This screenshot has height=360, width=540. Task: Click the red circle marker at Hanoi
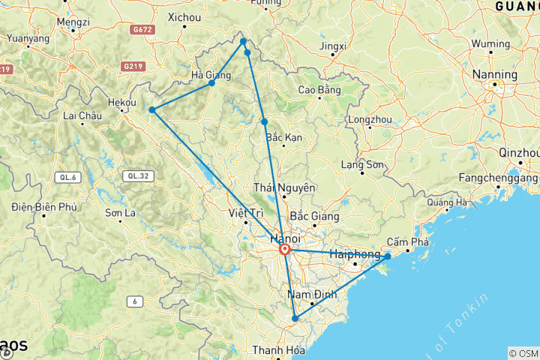click(x=285, y=250)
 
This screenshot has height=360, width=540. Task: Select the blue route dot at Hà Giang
click(x=212, y=82)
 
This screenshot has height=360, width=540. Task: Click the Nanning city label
click(x=495, y=75)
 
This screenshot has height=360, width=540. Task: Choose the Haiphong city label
click(x=355, y=255)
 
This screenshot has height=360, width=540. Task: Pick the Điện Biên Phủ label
click(x=45, y=206)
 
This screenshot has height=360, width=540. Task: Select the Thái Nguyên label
click(x=284, y=187)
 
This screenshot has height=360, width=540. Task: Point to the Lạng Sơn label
click(x=362, y=164)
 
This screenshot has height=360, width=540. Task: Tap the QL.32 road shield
click(x=137, y=176)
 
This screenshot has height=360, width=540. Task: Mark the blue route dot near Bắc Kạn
click(x=265, y=121)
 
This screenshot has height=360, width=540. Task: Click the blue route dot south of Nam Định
click(x=295, y=319)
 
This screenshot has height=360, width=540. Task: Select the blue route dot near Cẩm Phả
click(x=388, y=256)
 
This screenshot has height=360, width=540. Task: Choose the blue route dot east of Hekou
click(x=152, y=110)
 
